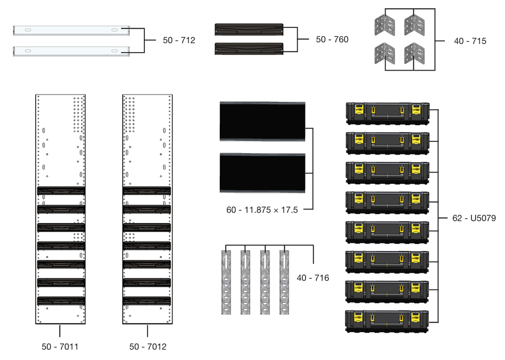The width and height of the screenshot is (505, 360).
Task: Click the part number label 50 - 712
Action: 179,40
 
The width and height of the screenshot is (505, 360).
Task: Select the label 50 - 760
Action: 332,39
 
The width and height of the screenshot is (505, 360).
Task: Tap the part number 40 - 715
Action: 470,41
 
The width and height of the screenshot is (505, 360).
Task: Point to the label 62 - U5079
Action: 473,219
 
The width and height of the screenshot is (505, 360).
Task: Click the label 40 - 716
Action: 313,278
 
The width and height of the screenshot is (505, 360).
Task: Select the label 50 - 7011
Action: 60,347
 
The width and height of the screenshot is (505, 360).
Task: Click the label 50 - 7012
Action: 147,347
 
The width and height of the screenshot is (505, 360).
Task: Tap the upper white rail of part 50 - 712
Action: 71,31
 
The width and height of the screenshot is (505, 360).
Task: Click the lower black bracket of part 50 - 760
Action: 248,48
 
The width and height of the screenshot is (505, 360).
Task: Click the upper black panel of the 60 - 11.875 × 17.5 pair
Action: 263,121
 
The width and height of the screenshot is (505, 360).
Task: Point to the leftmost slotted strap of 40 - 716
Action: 226,282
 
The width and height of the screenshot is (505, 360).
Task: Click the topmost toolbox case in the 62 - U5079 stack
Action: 387,113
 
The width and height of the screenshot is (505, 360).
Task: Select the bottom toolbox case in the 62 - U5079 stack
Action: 387,321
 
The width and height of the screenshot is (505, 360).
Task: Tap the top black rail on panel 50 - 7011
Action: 61,191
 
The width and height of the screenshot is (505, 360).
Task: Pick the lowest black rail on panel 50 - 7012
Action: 147,301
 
